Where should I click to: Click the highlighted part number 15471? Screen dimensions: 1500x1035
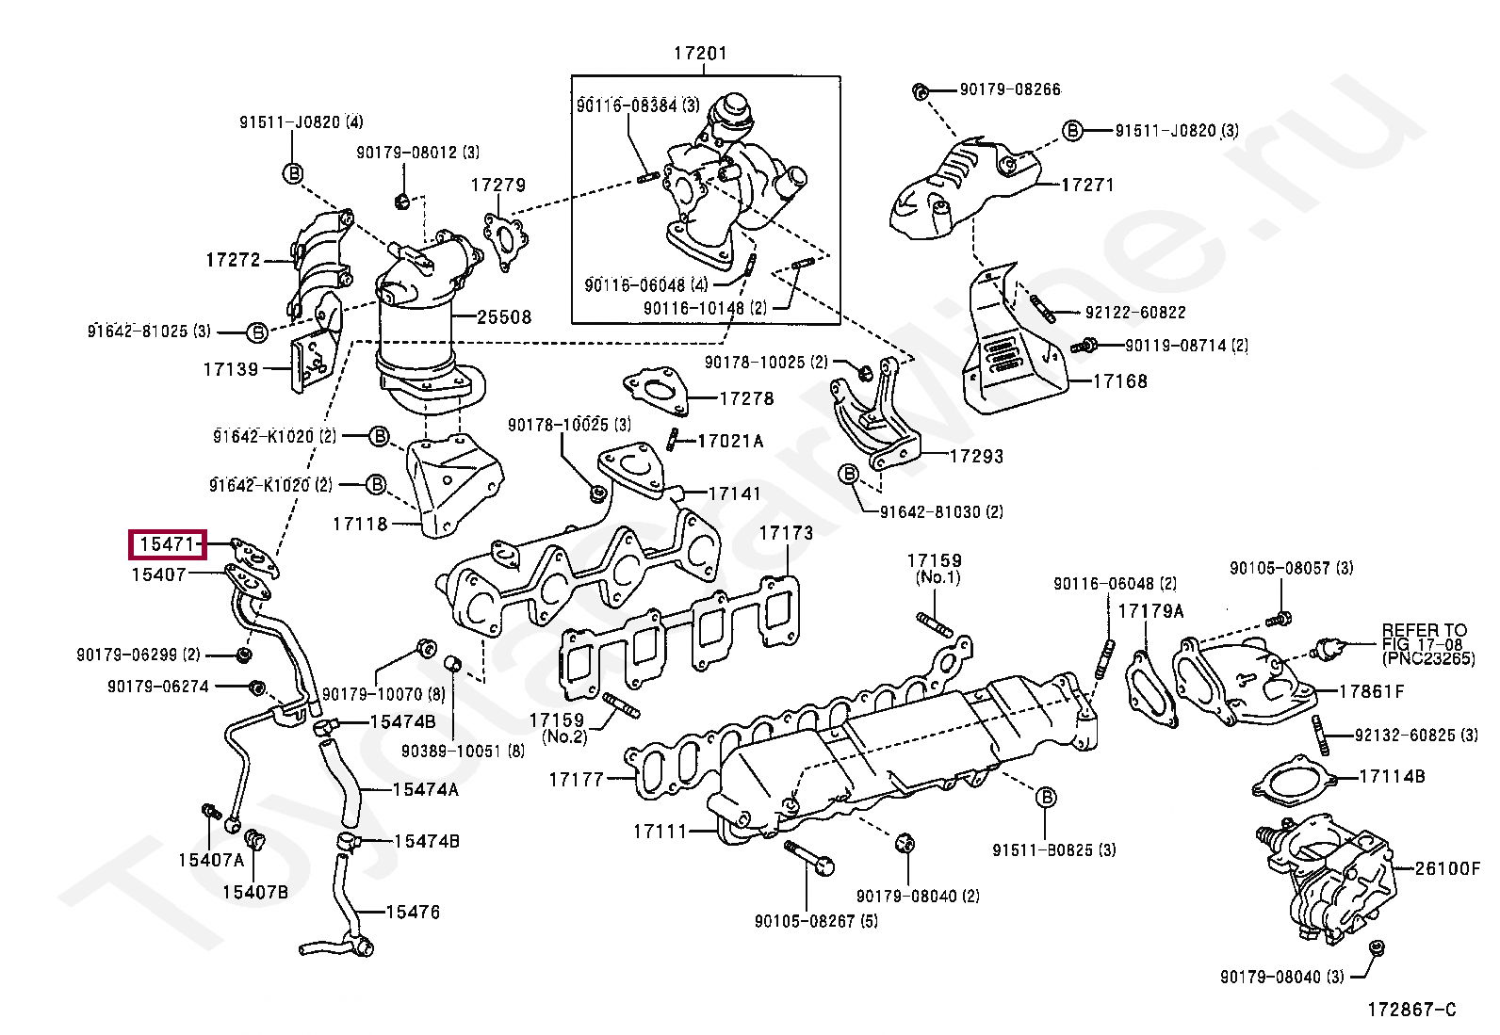[167, 544]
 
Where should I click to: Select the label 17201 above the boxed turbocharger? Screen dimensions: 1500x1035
[700, 53]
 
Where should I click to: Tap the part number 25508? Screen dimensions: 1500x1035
[504, 316]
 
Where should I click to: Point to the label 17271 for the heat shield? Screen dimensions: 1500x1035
[1088, 185]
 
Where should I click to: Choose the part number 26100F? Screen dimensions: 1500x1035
[1447, 869]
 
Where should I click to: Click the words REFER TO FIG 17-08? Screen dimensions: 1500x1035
[1424, 637]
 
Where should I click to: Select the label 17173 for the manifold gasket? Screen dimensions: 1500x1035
[786, 533]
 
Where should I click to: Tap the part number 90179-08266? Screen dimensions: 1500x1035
[1010, 89]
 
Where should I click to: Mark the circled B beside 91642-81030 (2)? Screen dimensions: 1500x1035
[848, 475]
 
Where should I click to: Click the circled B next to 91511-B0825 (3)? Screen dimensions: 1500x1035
[1045, 798]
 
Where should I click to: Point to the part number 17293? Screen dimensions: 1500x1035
[977, 457]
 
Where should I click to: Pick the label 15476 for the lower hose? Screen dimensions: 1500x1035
[414, 912]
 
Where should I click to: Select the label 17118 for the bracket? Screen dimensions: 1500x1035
[360, 524]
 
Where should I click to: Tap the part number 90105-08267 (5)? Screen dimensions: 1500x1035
[816, 921]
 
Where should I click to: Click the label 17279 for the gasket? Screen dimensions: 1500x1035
[498, 185]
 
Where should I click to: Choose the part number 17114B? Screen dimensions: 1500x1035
[1393, 777]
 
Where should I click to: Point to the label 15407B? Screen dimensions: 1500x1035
[255, 892]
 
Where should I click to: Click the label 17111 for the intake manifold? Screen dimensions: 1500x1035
[660, 832]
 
